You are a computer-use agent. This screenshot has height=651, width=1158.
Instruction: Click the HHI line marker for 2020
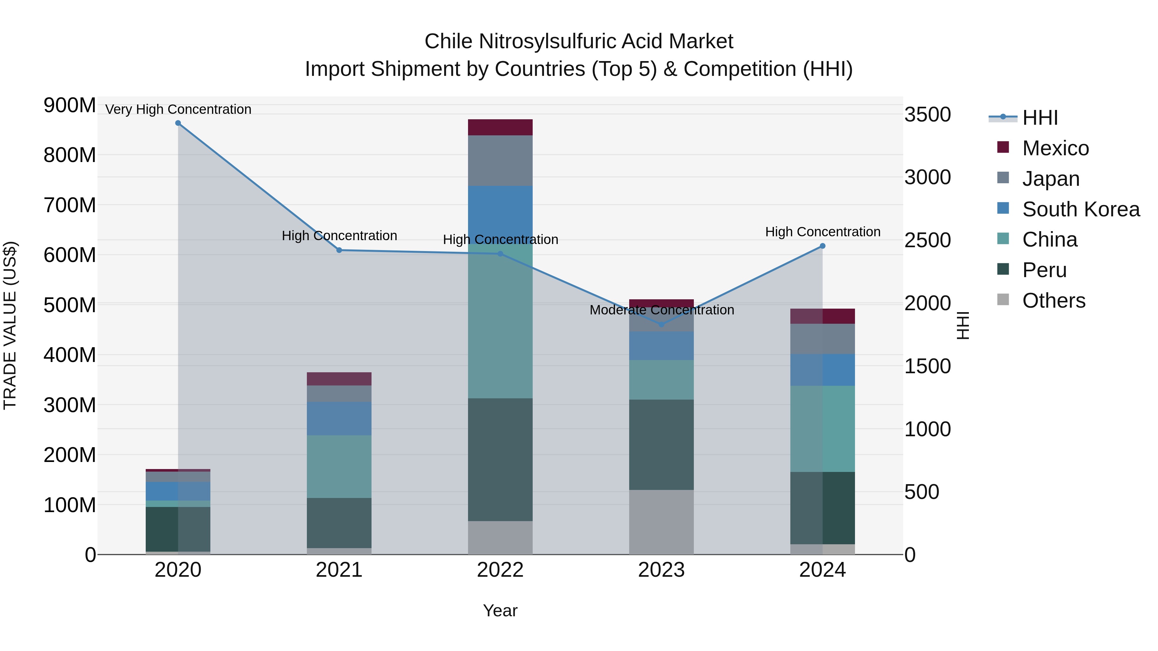click(178, 123)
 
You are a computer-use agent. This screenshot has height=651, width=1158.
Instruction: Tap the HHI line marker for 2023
click(661, 324)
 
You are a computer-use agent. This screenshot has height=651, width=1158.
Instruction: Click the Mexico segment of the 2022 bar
click(500, 127)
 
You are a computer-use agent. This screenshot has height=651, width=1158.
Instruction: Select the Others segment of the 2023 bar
click(661, 522)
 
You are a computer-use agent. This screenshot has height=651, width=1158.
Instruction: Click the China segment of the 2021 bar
click(339, 466)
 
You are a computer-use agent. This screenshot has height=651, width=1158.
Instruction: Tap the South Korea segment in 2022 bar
click(500, 211)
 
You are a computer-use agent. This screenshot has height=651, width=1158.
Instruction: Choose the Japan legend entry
click(1051, 179)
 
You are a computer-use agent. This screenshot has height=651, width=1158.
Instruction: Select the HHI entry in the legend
click(1040, 118)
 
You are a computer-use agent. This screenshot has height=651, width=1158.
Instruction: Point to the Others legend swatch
click(1003, 300)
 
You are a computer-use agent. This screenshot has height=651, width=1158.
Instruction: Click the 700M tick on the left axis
click(70, 205)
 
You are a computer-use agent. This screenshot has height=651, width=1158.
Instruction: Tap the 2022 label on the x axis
click(500, 570)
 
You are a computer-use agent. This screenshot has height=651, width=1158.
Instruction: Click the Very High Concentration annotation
click(178, 109)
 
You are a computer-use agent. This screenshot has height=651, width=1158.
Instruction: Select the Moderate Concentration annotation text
click(661, 310)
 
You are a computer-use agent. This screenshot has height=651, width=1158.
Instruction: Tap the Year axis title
click(500, 610)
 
